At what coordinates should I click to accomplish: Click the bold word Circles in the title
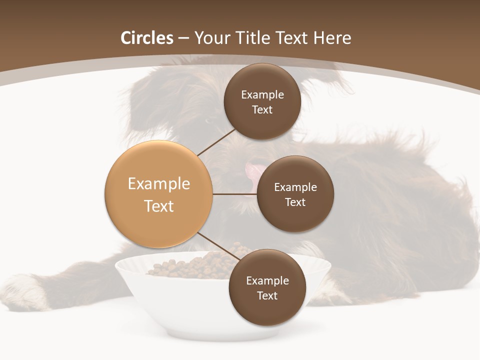pos(146,38)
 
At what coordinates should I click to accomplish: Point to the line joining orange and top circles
pos(216,142)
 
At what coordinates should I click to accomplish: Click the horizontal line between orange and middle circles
pos(234,194)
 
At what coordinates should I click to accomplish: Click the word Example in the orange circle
pos(158,184)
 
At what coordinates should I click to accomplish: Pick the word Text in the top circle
pos(262,109)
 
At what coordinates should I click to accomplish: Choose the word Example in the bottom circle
pos(267,280)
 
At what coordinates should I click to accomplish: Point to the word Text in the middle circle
pos(295,202)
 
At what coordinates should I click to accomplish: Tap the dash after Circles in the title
pos(183,38)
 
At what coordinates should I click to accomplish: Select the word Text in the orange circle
pos(158,206)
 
